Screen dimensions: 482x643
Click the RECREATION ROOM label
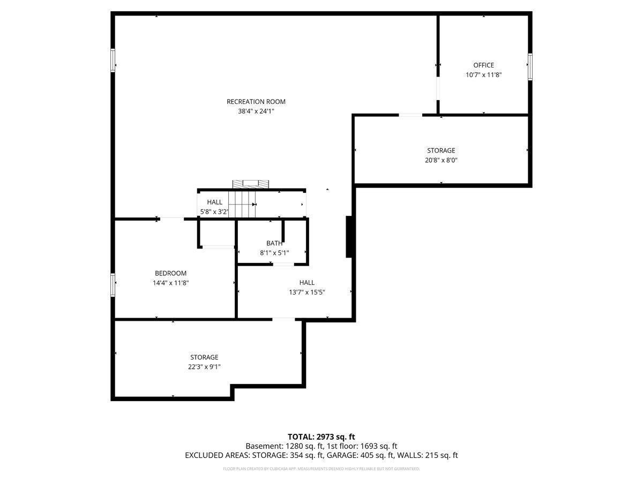(256, 102)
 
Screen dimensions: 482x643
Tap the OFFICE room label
(483, 65)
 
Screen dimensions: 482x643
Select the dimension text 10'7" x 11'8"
(483, 75)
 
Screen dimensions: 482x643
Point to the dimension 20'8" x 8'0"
(441, 160)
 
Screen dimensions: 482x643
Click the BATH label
(274, 243)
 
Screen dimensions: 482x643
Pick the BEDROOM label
(170, 273)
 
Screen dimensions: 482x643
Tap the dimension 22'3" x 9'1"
(204, 367)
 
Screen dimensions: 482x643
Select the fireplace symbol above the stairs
(250, 184)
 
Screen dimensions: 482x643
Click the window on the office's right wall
(530, 66)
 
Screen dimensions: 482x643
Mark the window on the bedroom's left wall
(113, 284)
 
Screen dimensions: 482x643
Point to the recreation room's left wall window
(113, 60)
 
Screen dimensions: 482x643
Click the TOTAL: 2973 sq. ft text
(321, 436)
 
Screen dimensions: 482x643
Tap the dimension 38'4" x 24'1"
(256, 111)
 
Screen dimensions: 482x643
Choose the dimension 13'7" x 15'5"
(306, 292)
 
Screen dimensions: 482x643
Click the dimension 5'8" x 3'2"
(214, 212)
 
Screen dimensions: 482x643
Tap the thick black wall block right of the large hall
(349, 237)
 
